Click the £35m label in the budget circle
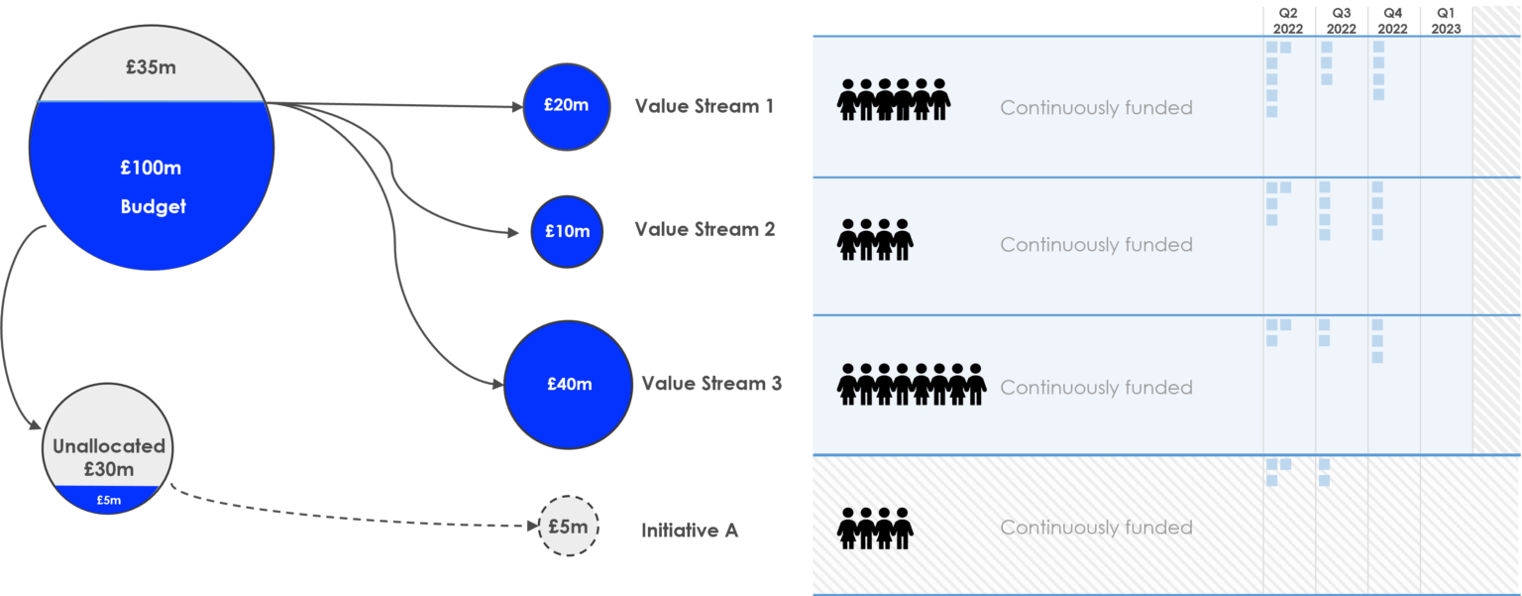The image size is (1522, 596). (x=151, y=68)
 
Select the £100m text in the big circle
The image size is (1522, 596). (x=151, y=168)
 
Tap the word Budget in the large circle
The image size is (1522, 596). (x=153, y=206)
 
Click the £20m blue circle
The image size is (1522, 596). (x=567, y=106)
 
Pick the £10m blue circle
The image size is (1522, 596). (x=567, y=231)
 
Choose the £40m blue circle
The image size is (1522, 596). (x=569, y=384)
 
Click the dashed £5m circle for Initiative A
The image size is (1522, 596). (x=569, y=527)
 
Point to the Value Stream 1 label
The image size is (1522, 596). (x=704, y=106)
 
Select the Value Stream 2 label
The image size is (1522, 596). (x=705, y=230)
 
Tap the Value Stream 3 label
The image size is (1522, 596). (x=710, y=384)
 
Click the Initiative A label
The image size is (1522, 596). (x=690, y=531)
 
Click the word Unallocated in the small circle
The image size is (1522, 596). (x=109, y=446)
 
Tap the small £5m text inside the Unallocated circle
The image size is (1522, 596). (x=109, y=500)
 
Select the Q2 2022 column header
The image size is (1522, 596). (x=1288, y=20)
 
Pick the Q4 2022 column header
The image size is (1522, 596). (x=1393, y=20)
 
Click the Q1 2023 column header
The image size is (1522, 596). (x=1446, y=20)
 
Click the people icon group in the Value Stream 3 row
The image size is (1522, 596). (x=912, y=385)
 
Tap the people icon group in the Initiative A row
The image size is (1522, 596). (x=875, y=528)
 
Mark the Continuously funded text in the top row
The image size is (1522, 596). (x=1096, y=108)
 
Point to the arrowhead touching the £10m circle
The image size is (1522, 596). (x=513, y=233)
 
